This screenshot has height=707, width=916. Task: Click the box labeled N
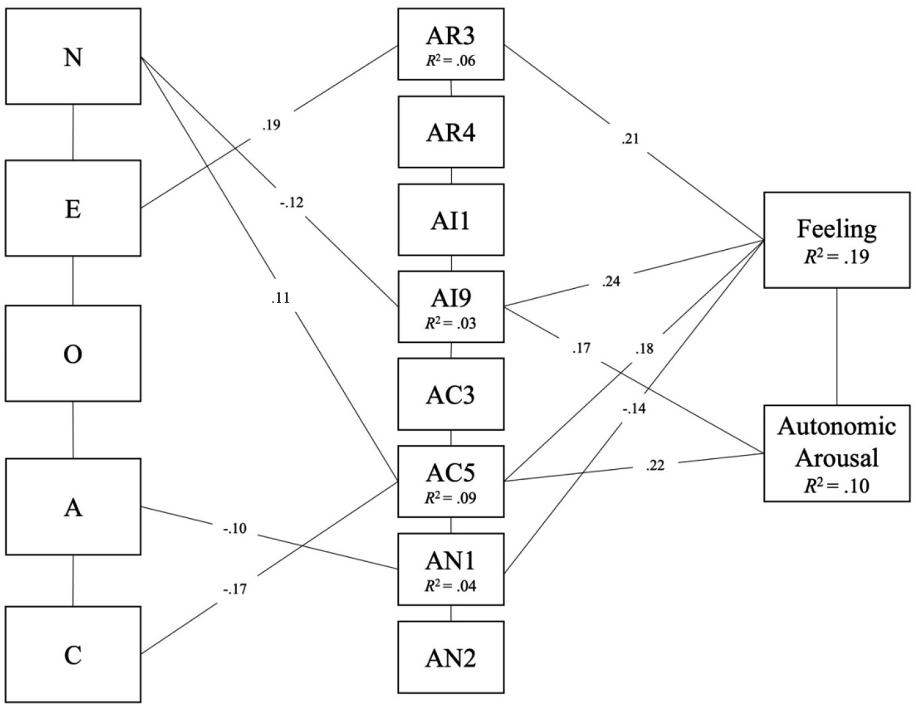pos(73,56)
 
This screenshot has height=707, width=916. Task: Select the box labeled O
pos(73,353)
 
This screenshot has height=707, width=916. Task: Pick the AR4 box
pos(451,132)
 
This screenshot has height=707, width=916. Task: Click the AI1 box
pos(451,219)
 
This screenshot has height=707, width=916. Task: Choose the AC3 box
pos(451,394)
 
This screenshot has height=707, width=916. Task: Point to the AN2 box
pos(451,657)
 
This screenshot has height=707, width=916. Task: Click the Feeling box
pos(837,240)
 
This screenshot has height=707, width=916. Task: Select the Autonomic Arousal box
pos(837,453)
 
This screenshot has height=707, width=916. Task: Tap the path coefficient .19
pos(271,125)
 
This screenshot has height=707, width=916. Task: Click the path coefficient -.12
pos(291,203)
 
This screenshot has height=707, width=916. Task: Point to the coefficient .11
pos(281,298)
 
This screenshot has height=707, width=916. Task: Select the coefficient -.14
pos(634,409)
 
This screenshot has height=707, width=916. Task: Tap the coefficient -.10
pos(235,529)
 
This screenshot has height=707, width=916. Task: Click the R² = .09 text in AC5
pos(451,498)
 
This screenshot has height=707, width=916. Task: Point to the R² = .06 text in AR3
pos(451,61)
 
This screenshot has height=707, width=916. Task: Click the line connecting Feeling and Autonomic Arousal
pos(837,346)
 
